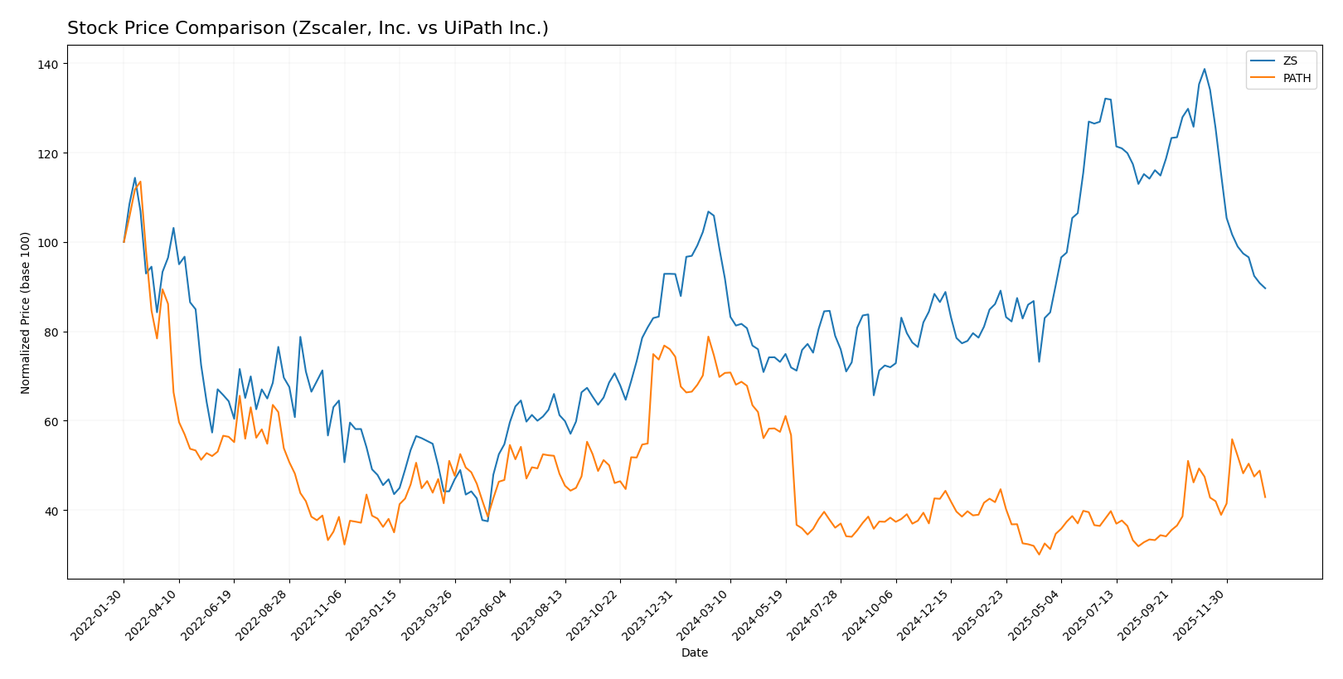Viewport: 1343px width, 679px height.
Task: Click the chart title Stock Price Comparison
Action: (308, 28)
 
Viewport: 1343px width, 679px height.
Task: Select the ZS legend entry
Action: (1290, 61)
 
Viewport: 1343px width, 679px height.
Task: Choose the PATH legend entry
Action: (1297, 79)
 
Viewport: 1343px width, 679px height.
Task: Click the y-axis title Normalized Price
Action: (26, 313)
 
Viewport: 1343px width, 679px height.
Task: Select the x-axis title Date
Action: (694, 652)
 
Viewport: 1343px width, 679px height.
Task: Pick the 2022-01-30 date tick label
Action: (98, 614)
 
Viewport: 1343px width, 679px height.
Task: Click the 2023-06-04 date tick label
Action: (484, 614)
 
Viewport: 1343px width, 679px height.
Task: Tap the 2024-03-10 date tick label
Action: (705, 614)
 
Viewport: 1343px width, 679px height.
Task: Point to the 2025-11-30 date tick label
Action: (1201, 614)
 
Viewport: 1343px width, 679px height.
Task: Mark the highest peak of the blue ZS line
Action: (1204, 69)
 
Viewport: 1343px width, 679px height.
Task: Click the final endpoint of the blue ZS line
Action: (1265, 289)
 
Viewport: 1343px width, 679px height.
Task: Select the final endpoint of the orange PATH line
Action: (1265, 497)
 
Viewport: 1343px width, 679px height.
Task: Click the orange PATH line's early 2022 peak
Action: (140, 182)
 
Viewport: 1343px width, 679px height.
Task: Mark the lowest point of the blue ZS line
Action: (487, 521)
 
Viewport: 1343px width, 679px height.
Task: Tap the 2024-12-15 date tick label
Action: (925, 614)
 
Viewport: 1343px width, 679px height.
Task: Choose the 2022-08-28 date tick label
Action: (264, 614)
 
